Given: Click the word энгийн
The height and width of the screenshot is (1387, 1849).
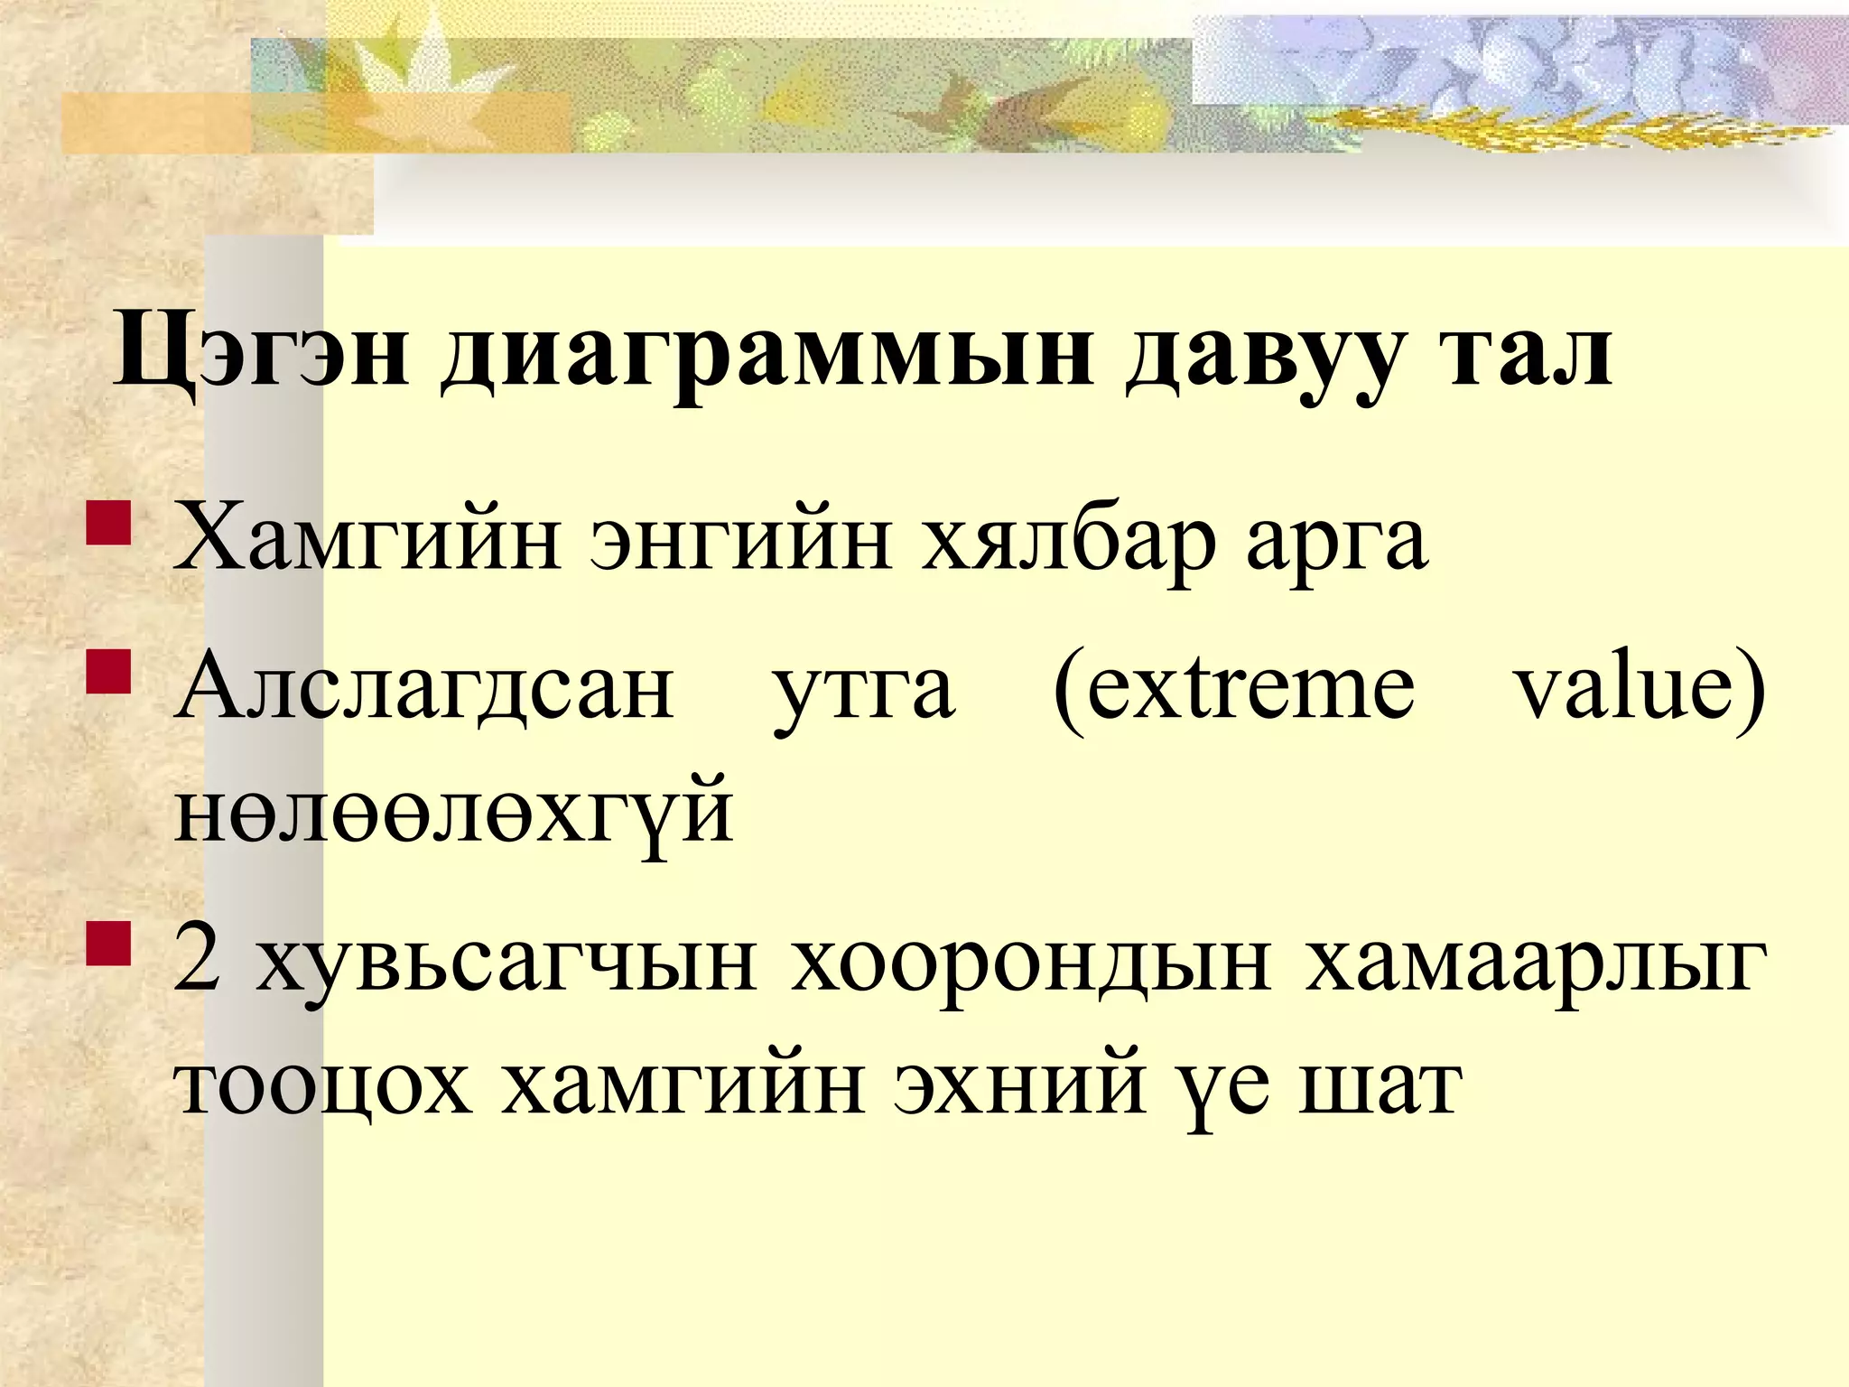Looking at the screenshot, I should click(740, 542).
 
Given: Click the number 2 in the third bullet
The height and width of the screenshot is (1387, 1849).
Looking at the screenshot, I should click(198, 960).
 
